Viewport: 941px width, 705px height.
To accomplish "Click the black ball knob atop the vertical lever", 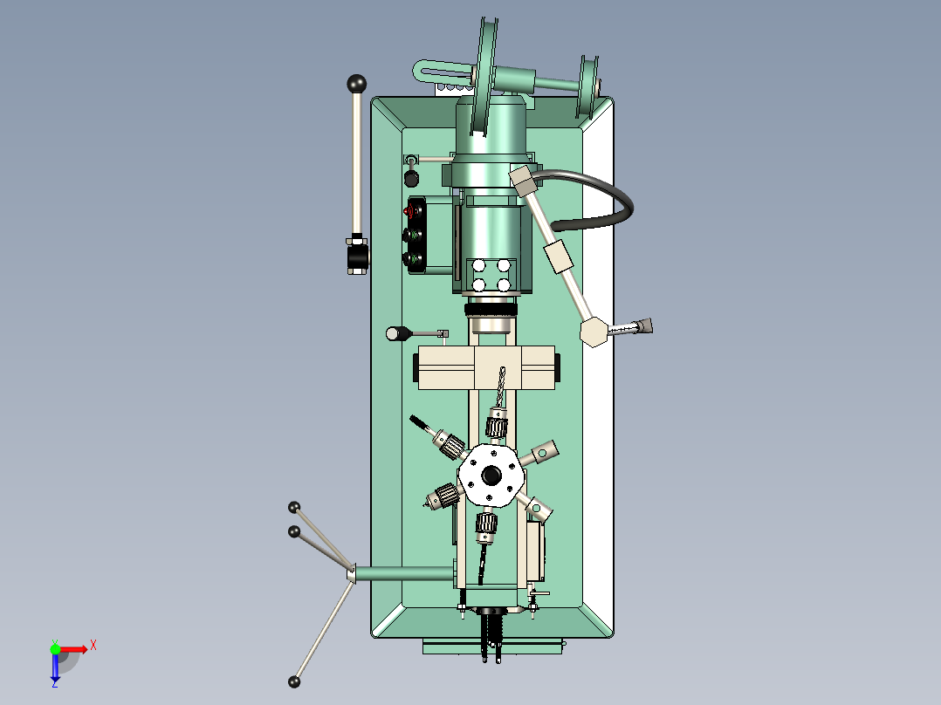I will click(356, 84).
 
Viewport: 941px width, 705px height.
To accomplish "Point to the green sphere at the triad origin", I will click(55, 648).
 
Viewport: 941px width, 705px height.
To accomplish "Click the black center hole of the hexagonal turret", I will click(491, 476).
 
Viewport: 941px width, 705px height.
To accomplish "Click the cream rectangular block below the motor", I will click(486, 367).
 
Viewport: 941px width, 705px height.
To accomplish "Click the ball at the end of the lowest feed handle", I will click(294, 681).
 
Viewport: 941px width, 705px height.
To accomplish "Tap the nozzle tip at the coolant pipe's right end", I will click(646, 326).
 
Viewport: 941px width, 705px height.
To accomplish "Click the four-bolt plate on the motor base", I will click(491, 275).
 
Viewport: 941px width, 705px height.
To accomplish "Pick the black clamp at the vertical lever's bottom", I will click(357, 257).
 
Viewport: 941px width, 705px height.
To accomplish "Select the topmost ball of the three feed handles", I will click(294, 507).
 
